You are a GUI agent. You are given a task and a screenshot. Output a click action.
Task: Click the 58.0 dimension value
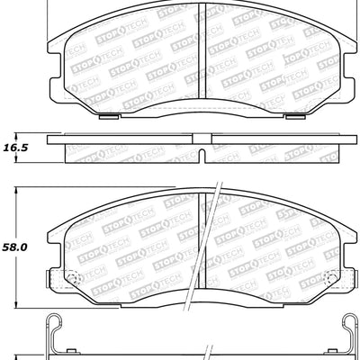[x=14, y=244]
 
